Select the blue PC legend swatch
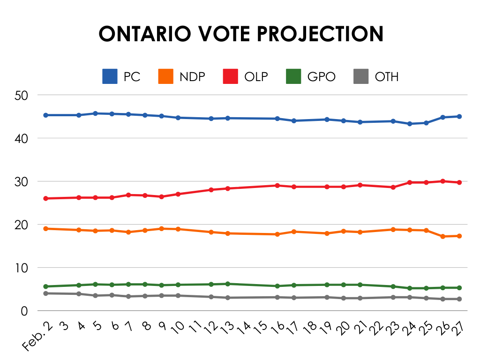click(x=110, y=76)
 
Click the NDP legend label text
click(x=192, y=76)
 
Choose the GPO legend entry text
click(x=321, y=76)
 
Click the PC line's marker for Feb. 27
click(x=459, y=116)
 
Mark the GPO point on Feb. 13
click(x=228, y=284)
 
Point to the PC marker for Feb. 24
click(x=410, y=124)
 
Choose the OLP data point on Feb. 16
click(x=277, y=185)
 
